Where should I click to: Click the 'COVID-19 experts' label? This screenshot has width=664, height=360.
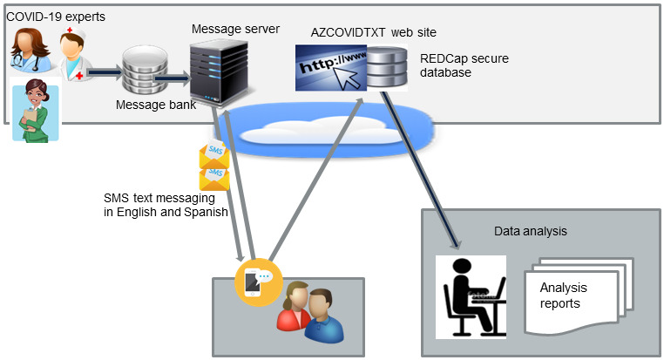tap(56, 17)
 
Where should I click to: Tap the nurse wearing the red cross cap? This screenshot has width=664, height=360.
tap(75, 54)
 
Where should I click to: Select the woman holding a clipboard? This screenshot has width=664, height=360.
tap(36, 111)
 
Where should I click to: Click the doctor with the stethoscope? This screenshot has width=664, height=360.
tap(30, 51)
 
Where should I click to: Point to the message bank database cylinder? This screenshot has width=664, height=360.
tap(145, 71)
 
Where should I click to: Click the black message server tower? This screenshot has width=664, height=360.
tap(219, 73)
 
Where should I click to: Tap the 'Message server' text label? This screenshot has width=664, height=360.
tap(235, 29)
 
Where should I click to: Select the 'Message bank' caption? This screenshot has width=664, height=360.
tap(156, 105)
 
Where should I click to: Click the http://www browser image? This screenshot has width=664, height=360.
tap(331, 68)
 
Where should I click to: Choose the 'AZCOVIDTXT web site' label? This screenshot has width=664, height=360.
tap(374, 32)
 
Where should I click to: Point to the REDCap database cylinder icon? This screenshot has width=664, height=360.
tap(387, 68)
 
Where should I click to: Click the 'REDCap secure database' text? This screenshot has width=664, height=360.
tap(464, 65)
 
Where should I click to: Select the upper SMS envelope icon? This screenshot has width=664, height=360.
tap(214, 154)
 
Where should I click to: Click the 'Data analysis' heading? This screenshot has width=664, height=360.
tap(530, 231)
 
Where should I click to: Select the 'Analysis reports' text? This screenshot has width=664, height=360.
tap(563, 295)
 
